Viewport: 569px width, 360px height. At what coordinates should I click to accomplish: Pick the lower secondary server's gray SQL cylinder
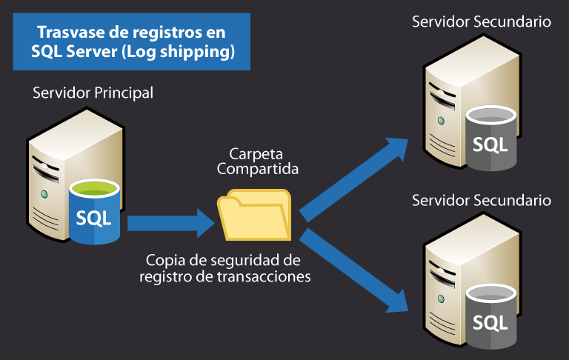pos(490,319)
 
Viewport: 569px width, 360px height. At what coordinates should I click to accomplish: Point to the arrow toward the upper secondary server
pos(356,179)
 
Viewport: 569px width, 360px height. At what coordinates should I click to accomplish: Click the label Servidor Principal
pos(93,93)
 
